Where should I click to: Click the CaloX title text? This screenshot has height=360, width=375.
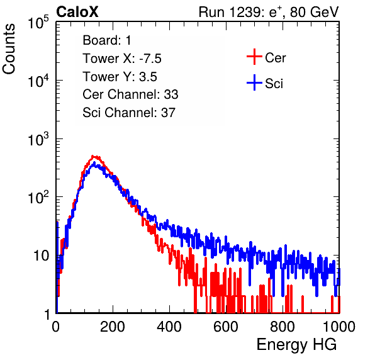pos(77,12)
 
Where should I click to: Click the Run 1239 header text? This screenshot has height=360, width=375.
pos(269,12)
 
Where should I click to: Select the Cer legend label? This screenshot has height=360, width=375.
pos(275,58)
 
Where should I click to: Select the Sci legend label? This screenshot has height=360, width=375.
pos(274,84)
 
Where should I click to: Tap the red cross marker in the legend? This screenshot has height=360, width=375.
pos(254,57)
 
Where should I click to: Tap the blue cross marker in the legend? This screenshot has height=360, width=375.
pos(254,82)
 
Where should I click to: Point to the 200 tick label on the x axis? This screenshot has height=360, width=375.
pos(113,327)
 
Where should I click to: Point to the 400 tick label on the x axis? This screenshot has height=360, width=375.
pos(169,327)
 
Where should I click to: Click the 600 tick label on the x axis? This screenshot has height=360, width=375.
pos(226,327)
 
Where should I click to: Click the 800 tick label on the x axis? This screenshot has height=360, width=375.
pos(283,327)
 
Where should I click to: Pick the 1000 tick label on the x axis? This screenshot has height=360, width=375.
pos(339,327)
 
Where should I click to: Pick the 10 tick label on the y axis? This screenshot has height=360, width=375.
pos(41,256)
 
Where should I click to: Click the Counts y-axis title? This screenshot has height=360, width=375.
pos(9,49)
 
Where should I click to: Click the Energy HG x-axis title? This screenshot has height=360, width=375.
pos(296,345)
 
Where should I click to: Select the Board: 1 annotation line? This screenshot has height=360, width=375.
pos(107,40)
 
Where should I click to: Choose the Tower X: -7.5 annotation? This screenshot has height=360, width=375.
pos(122,59)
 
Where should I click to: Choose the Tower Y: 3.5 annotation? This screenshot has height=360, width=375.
pos(120,77)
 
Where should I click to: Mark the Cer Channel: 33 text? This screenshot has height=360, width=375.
pos(130,94)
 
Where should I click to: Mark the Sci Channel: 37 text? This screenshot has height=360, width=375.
pos(129,113)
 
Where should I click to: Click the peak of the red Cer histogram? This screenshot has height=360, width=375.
pos(94,156)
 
